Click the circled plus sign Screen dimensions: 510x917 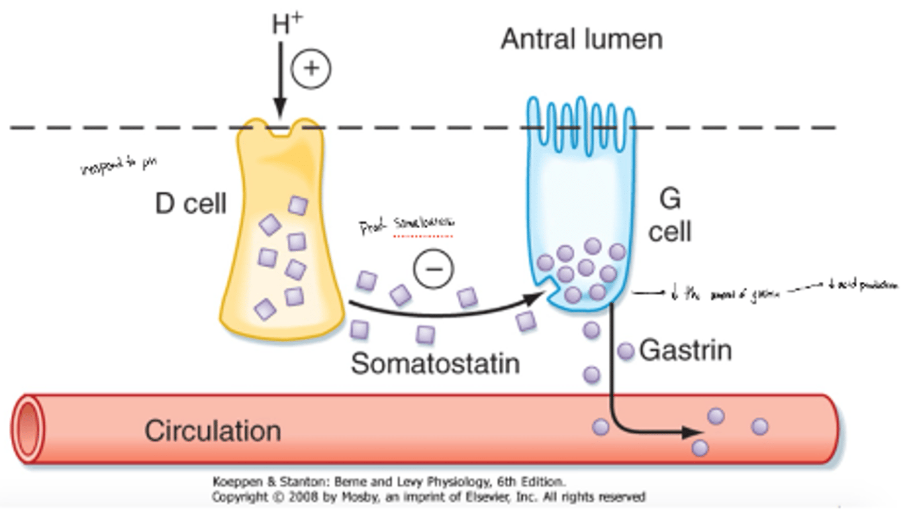311,68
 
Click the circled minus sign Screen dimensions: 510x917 434,269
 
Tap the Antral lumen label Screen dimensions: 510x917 581,40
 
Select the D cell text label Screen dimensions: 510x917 190,203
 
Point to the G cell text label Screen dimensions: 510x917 669,217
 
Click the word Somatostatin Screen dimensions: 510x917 436,364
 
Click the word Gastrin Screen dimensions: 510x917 685,351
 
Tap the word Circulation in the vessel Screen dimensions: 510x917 212,431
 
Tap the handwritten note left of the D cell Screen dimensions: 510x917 118,168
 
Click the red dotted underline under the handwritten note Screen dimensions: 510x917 423,237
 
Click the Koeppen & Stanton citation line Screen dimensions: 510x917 388,483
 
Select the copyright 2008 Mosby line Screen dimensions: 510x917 429,497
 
